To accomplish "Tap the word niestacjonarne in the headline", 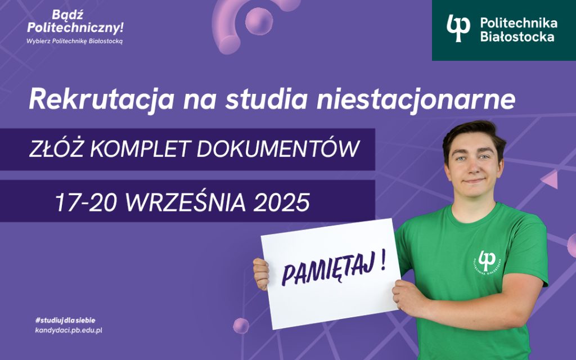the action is pyautogui.click(x=416, y=99).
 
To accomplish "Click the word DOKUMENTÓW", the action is pyautogui.click(x=278, y=148).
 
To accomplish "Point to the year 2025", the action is pyautogui.click(x=281, y=202).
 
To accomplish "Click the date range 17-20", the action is pyautogui.click(x=86, y=202).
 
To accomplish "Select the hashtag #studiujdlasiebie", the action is pyautogui.click(x=65, y=320).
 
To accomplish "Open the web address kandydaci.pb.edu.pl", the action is pyautogui.click(x=69, y=330).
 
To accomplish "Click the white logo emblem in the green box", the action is pyautogui.click(x=458, y=28).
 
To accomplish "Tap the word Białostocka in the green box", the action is pyautogui.click(x=517, y=37).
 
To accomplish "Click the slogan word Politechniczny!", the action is pyautogui.click(x=75, y=27).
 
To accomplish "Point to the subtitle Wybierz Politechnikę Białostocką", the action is pyautogui.click(x=75, y=41).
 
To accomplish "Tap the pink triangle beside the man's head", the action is pyautogui.click(x=551, y=180).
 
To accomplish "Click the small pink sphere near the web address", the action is pyautogui.click(x=241, y=326).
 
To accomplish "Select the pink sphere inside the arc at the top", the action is pyautogui.click(x=259, y=21).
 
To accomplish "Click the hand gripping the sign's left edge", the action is pyautogui.click(x=261, y=274).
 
